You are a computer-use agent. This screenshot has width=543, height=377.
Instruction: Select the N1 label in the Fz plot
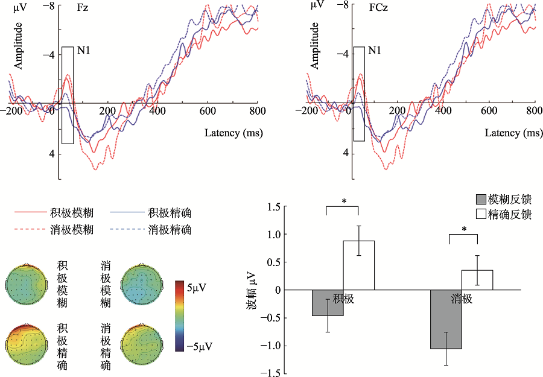(83, 50)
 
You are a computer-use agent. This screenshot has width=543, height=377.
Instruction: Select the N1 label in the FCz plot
(375, 50)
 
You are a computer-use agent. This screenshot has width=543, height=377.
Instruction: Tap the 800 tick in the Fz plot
(258, 112)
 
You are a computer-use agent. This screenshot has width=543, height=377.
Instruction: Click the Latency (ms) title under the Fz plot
(233, 133)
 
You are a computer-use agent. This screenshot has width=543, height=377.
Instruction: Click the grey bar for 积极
(328, 303)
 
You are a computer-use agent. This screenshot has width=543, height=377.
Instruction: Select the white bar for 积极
(359, 265)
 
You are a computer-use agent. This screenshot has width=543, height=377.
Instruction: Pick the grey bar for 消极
(446, 319)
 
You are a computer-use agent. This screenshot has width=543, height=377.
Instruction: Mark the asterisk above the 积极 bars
(343, 201)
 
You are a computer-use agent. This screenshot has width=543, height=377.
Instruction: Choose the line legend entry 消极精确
(170, 229)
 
